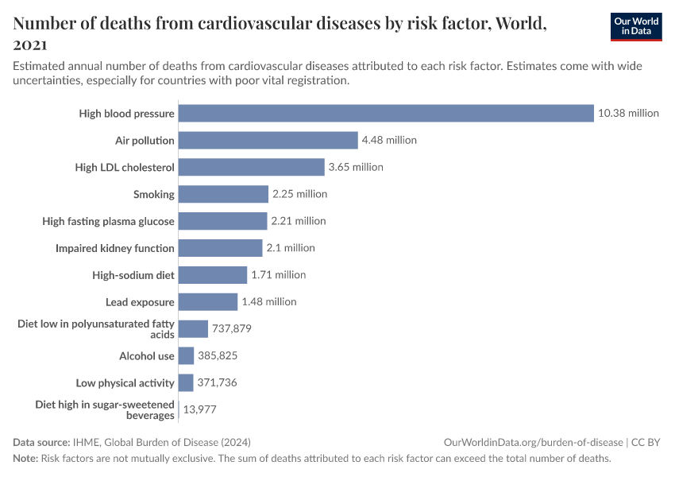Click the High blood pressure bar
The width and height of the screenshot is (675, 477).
(386, 113)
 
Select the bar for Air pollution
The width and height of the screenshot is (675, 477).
(268, 140)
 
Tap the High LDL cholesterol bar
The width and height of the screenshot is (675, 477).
(252, 167)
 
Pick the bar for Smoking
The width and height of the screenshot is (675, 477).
(223, 194)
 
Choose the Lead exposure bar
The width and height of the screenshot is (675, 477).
(208, 302)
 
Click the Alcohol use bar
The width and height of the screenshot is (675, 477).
(187, 356)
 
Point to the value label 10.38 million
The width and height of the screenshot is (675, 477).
(628, 113)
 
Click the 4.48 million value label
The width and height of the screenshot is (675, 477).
(389, 140)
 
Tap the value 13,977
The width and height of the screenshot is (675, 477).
(200, 410)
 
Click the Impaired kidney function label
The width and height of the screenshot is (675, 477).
(115, 248)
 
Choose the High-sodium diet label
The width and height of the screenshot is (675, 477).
(133, 275)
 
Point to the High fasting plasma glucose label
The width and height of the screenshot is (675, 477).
(108, 221)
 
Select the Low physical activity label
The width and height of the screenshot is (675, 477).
(125, 383)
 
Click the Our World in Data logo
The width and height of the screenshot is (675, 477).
(635, 27)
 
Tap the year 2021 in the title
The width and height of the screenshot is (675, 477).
(30, 45)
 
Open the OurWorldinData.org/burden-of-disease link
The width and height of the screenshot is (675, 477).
(533, 442)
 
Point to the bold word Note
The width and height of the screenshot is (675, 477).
(25, 459)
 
